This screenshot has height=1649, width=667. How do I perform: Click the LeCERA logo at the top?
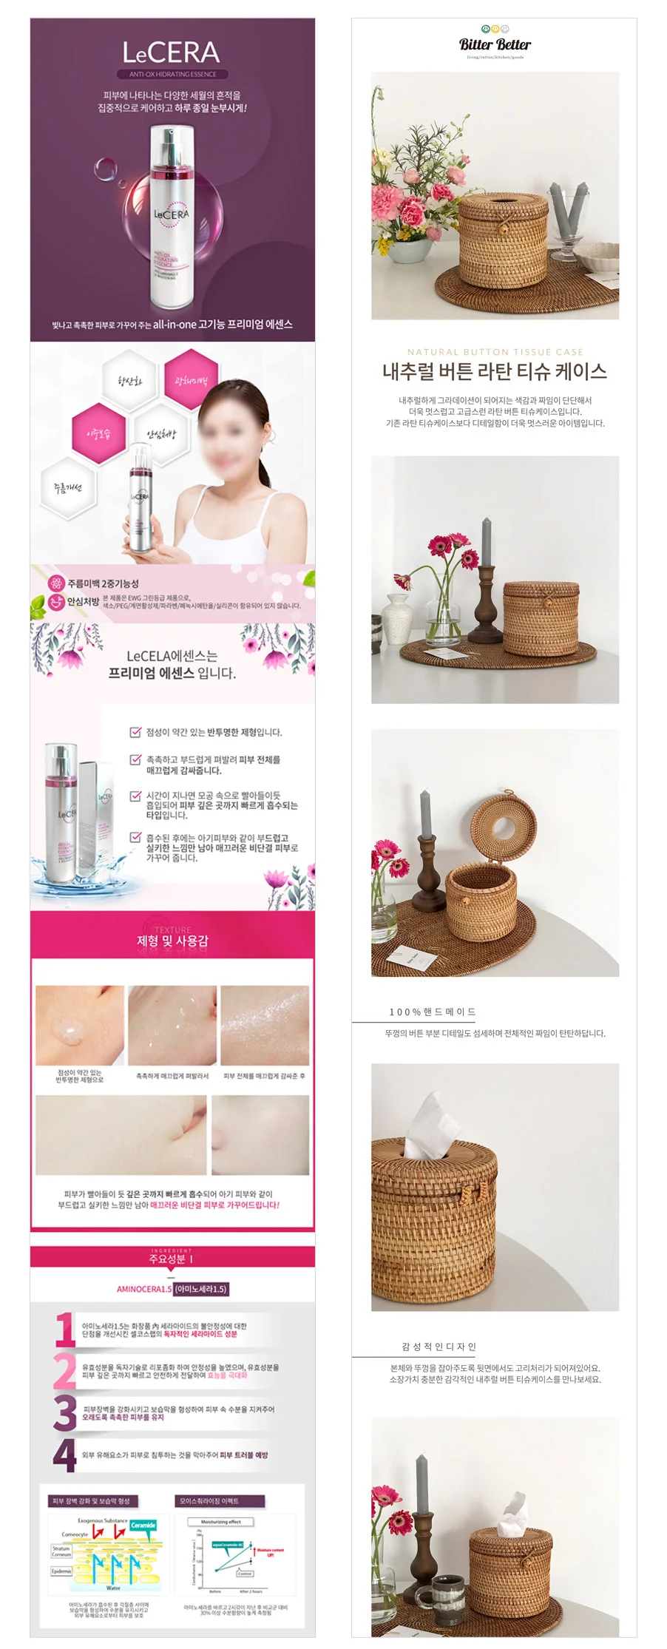point(172,53)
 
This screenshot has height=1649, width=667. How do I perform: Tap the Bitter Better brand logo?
point(495,44)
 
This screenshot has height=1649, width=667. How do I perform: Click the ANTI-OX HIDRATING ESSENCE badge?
point(173,74)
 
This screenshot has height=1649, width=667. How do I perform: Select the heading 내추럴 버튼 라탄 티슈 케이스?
point(495,371)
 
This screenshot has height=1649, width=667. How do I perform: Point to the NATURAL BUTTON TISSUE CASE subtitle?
point(495,352)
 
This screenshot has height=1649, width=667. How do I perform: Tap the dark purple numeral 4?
point(64,1455)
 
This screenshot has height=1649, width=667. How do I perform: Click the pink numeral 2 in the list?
point(64,1371)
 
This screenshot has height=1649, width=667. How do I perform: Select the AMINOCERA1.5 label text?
point(144,1289)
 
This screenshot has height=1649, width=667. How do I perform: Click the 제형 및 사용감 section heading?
point(172,941)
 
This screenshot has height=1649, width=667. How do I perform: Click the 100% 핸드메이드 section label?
point(433,1012)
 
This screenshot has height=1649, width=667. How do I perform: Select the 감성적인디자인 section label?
point(439,1347)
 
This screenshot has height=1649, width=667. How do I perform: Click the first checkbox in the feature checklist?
point(135,732)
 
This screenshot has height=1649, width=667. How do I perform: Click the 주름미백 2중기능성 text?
point(103,583)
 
